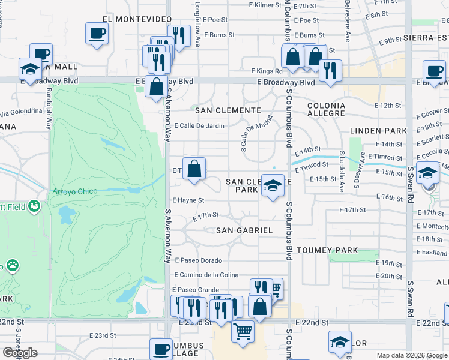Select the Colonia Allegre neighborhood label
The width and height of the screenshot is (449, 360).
click(x=327, y=109)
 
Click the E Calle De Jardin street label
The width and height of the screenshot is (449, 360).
click(x=199, y=126)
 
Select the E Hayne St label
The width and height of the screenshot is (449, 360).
click(x=188, y=200)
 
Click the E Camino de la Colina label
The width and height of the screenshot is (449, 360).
click(x=206, y=275)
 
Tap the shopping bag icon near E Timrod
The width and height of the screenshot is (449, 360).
click(x=194, y=169)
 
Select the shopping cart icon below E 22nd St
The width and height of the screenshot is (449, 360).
click(x=243, y=329)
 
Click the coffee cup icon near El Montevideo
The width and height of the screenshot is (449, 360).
click(x=96, y=34)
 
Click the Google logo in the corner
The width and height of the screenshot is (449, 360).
click(x=20, y=353)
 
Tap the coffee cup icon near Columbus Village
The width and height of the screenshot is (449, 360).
click(x=161, y=349)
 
